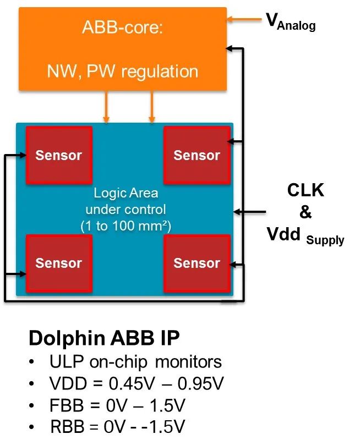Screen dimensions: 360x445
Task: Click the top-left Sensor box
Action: (59, 155)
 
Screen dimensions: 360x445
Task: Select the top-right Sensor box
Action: (197, 155)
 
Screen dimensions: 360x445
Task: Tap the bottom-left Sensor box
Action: (59, 263)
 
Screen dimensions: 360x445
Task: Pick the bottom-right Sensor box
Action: (197, 263)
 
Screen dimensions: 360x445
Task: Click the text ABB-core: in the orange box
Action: (123, 28)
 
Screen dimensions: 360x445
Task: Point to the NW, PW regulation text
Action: (123, 72)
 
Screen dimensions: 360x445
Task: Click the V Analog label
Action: (291, 21)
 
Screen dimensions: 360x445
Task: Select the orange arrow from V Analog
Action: (244, 19)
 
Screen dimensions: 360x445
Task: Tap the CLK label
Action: (306, 190)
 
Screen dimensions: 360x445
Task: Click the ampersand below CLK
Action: (306, 212)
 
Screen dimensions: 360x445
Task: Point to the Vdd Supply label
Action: (306, 235)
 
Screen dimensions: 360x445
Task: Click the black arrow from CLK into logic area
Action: (249, 211)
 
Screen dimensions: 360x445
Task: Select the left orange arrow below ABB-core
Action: (106, 107)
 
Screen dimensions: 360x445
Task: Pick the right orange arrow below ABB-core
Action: (152, 107)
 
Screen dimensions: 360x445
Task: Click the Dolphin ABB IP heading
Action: (104, 338)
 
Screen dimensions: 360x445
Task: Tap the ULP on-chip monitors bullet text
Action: (135, 362)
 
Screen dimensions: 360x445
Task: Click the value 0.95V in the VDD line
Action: (201, 383)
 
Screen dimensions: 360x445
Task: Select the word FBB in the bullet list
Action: (67, 405)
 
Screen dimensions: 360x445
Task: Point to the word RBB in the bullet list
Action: (67, 426)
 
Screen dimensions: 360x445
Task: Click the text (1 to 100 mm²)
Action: (126, 227)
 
